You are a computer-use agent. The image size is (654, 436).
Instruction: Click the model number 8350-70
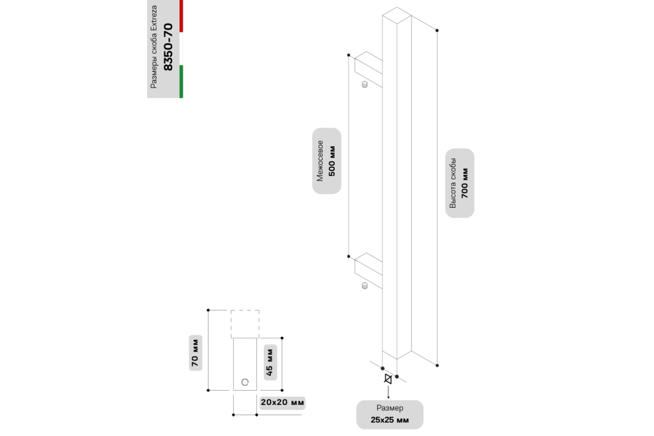168,47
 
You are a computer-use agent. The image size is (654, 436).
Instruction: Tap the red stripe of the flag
181,16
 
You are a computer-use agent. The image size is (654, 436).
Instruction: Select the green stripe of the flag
181,81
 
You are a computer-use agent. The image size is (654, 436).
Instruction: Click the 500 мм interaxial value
332,161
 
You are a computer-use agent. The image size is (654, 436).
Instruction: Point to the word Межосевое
320,161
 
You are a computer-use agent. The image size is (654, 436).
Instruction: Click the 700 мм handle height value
464,183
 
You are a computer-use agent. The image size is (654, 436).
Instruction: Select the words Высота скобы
452,183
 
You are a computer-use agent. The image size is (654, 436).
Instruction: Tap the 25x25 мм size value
390,420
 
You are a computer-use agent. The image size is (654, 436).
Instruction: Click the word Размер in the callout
390,408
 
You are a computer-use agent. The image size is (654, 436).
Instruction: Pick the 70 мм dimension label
195,353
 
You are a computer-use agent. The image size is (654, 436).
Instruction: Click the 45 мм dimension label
270,362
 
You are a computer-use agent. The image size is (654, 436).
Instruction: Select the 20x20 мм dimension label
282,402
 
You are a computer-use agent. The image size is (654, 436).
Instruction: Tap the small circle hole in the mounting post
245,382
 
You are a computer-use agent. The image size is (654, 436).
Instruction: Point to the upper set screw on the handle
365,84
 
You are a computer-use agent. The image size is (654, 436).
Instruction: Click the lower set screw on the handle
365,286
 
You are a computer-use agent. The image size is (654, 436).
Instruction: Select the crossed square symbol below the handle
388,379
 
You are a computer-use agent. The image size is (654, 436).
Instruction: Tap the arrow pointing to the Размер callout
388,392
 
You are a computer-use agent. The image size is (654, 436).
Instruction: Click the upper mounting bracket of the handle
368,70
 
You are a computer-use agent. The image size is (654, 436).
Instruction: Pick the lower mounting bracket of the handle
368,271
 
